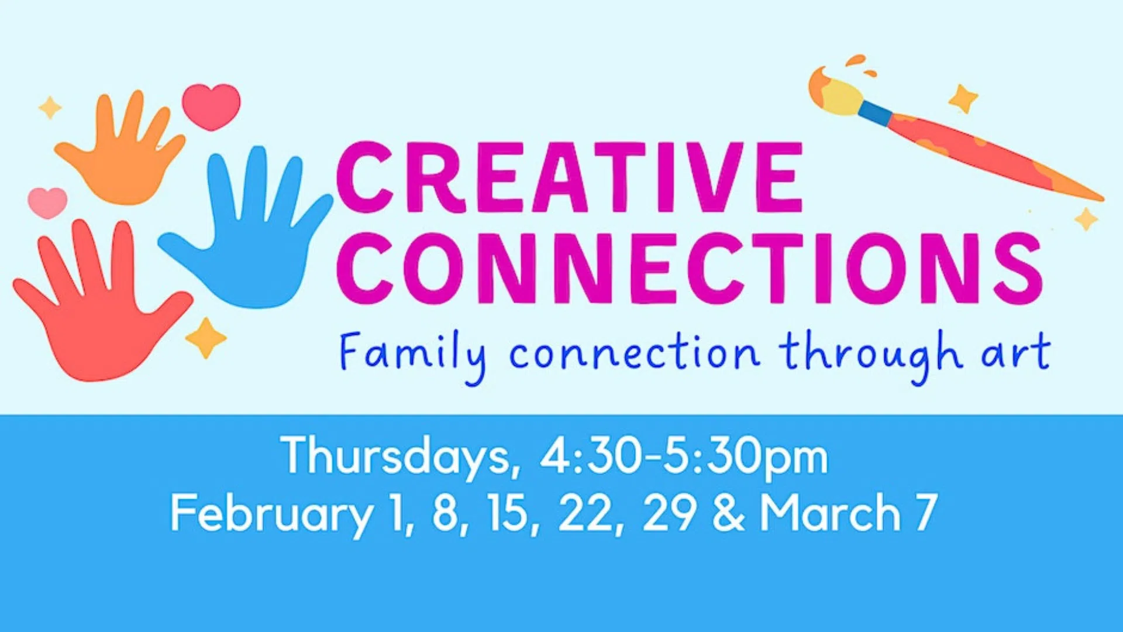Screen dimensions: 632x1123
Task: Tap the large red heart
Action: point(211,105)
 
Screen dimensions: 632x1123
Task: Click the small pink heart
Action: point(47,202)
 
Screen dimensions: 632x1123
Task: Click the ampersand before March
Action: point(729,513)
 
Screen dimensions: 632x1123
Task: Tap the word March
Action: point(830,513)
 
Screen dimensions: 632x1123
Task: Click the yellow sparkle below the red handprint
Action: point(205,338)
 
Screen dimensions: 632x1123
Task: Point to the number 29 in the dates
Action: point(670,513)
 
